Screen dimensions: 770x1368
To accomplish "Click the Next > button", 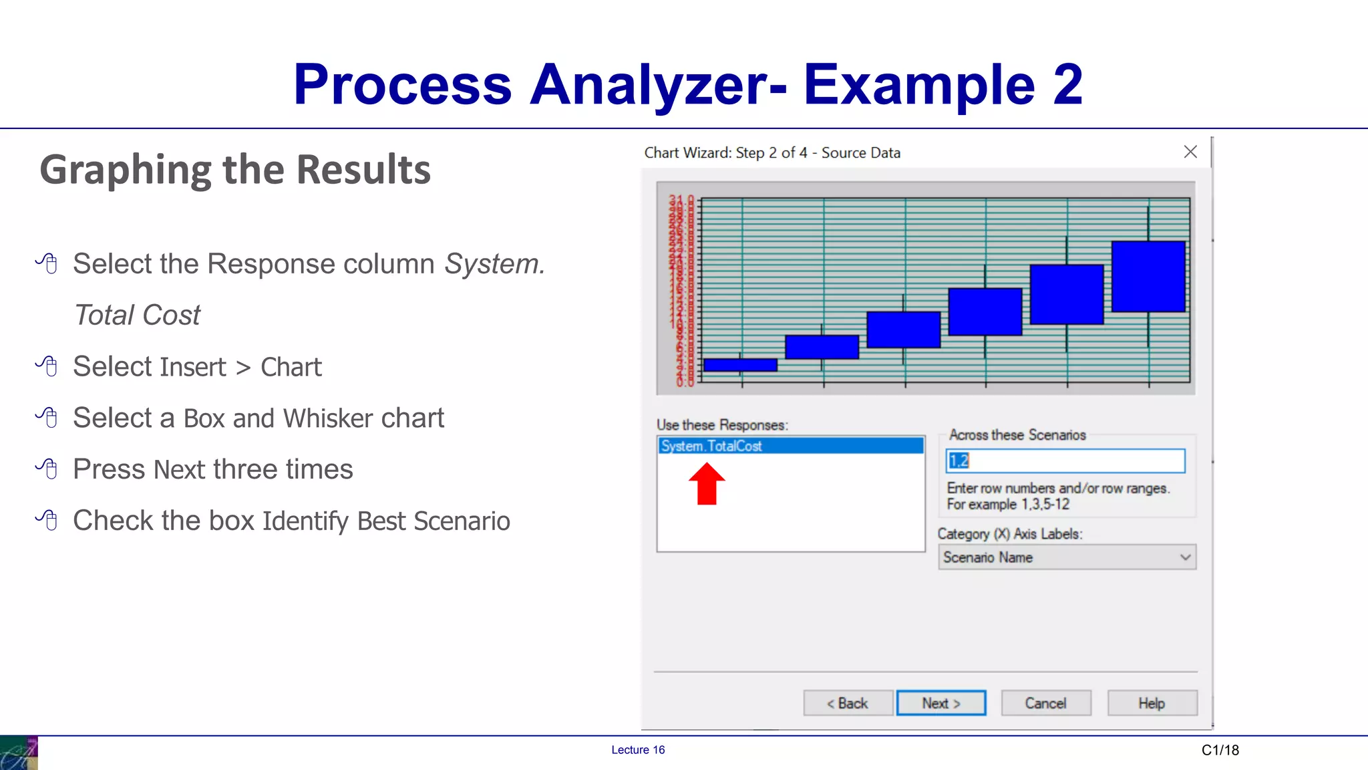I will pos(940,703).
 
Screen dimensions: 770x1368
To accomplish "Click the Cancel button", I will pos(1045,703).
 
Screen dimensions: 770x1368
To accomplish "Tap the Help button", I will pos(1152,703).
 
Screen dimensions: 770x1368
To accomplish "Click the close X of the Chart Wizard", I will pos(1190,152).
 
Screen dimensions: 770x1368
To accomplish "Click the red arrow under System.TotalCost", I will pos(707,485).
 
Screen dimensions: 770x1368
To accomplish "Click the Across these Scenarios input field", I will pos(1065,461).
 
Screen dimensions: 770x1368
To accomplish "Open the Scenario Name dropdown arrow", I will pos(1185,557).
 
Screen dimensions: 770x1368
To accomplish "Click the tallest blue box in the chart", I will pos(1148,277).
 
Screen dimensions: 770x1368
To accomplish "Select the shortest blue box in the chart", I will pos(740,365).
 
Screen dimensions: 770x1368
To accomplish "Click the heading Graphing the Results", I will pos(235,170).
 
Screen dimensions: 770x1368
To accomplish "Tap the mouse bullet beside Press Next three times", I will pos(47,469).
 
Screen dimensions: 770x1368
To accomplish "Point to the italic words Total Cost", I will pos(138,315).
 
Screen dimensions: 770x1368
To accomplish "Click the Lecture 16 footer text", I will pos(638,750).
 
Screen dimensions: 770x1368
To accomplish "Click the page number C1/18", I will pos(1220,750).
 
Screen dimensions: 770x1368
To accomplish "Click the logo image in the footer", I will pos(19,753).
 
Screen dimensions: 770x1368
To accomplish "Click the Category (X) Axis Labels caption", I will pos(1009,534).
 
